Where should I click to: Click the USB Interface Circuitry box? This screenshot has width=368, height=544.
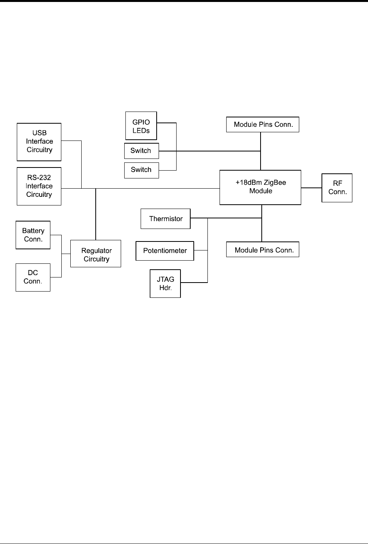click(x=39, y=142)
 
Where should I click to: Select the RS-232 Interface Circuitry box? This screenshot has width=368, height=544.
click(x=39, y=186)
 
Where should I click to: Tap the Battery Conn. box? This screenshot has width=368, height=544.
click(x=33, y=235)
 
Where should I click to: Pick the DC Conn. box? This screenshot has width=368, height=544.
click(x=33, y=277)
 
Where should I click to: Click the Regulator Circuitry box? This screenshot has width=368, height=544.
click(x=96, y=255)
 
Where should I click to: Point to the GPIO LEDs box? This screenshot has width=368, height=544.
click(x=141, y=126)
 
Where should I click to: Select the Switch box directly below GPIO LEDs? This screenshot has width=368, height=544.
click(x=141, y=151)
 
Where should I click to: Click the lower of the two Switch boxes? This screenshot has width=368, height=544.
click(x=141, y=170)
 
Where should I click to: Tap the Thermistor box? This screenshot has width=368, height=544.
click(x=166, y=219)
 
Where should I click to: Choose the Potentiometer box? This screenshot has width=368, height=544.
click(x=165, y=251)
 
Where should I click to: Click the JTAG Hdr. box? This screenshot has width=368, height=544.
click(x=165, y=284)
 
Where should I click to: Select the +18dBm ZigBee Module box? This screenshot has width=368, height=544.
click(x=260, y=187)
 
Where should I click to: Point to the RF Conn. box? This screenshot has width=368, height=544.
click(x=337, y=188)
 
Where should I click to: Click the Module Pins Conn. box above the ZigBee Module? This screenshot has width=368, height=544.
click(x=263, y=124)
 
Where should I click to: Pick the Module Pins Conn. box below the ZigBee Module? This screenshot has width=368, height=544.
click(x=263, y=250)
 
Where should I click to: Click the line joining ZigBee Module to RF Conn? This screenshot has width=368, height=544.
click(x=311, y=188)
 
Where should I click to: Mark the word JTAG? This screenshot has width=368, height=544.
click(x=165, y=279)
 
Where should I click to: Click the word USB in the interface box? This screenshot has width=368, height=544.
click(x=39, y=133)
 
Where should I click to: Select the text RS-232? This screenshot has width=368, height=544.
click(x=39, y=178)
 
